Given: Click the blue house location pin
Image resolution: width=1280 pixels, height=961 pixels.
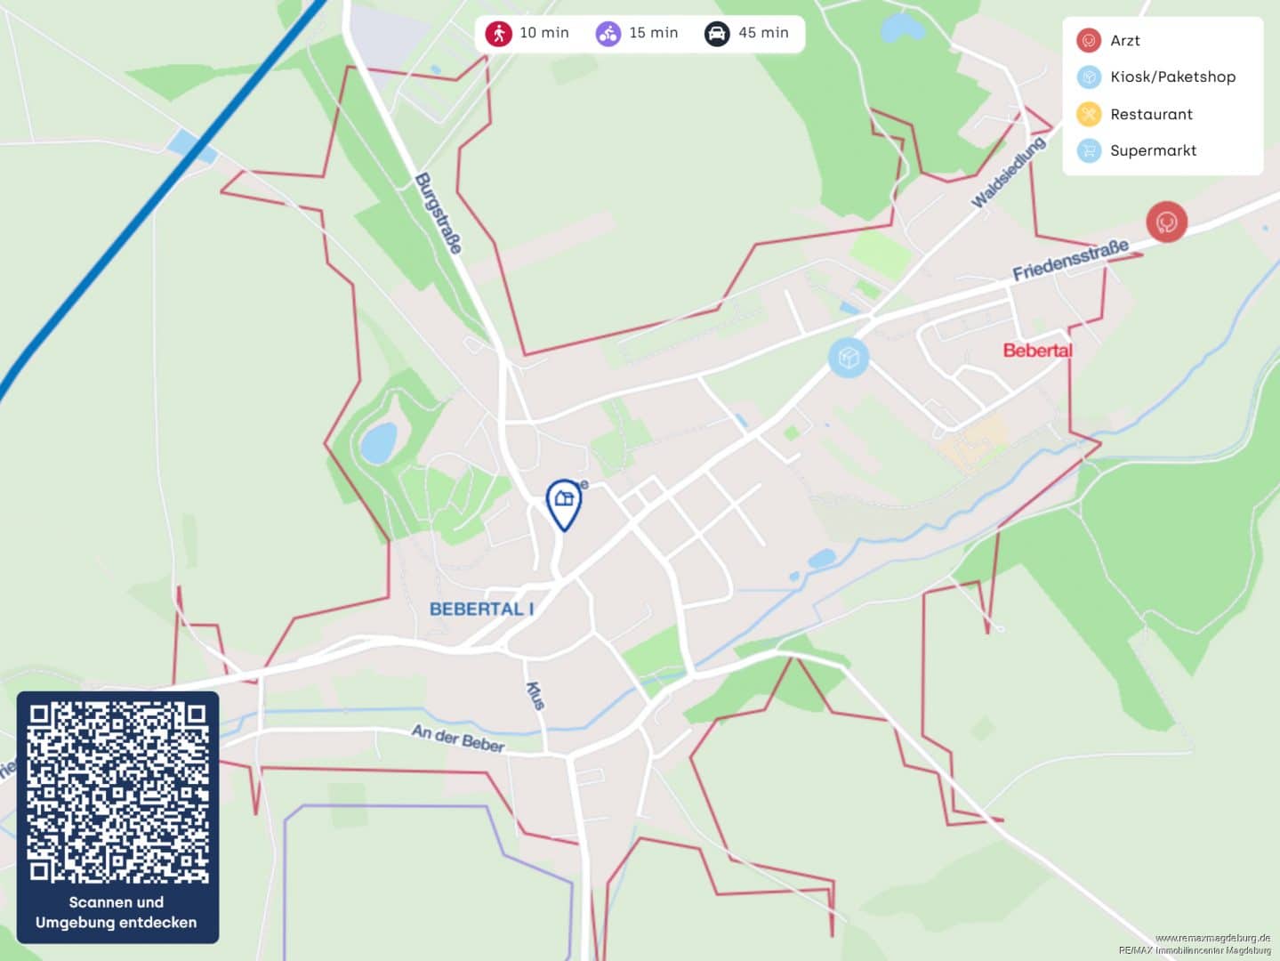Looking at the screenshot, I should (563, 502).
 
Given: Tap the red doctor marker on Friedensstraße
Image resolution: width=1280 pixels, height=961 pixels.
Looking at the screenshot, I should (1166, 222).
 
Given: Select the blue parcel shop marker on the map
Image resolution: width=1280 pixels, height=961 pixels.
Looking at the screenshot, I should (848, 358).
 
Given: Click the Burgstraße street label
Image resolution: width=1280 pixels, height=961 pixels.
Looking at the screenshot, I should (439, 214).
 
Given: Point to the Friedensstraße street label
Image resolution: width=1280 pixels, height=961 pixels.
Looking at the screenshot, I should (1071, 260).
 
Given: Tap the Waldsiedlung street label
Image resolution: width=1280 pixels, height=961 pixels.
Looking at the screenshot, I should (1008, 173).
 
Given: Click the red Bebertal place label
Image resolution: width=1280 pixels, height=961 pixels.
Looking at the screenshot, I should (1037, 351).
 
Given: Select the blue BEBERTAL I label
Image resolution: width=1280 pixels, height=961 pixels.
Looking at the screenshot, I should (481, 610).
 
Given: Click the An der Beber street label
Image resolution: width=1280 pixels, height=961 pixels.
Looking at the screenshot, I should (458, 738).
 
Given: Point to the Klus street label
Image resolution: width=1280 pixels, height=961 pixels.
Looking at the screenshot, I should (535, 695).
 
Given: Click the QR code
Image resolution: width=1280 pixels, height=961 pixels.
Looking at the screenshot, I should (117, 792).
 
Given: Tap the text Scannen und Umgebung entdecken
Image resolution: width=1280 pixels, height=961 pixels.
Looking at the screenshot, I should (117, 912).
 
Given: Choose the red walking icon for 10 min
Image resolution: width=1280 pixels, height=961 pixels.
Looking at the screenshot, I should (499, 34).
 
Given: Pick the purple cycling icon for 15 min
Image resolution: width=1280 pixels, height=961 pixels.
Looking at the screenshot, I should (608, 34).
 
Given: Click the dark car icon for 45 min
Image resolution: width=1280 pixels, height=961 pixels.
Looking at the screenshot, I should (717, 34).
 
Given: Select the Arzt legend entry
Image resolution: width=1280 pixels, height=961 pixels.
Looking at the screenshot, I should (1124, 41).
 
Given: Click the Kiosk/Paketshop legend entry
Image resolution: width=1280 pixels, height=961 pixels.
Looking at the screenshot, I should (1171, 77).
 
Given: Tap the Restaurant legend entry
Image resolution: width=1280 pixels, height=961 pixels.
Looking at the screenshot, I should (1150, 114).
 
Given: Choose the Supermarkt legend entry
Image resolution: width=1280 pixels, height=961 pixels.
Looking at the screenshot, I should (1152, 150).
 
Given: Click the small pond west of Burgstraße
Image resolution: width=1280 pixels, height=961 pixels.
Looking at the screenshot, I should (379, 442).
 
